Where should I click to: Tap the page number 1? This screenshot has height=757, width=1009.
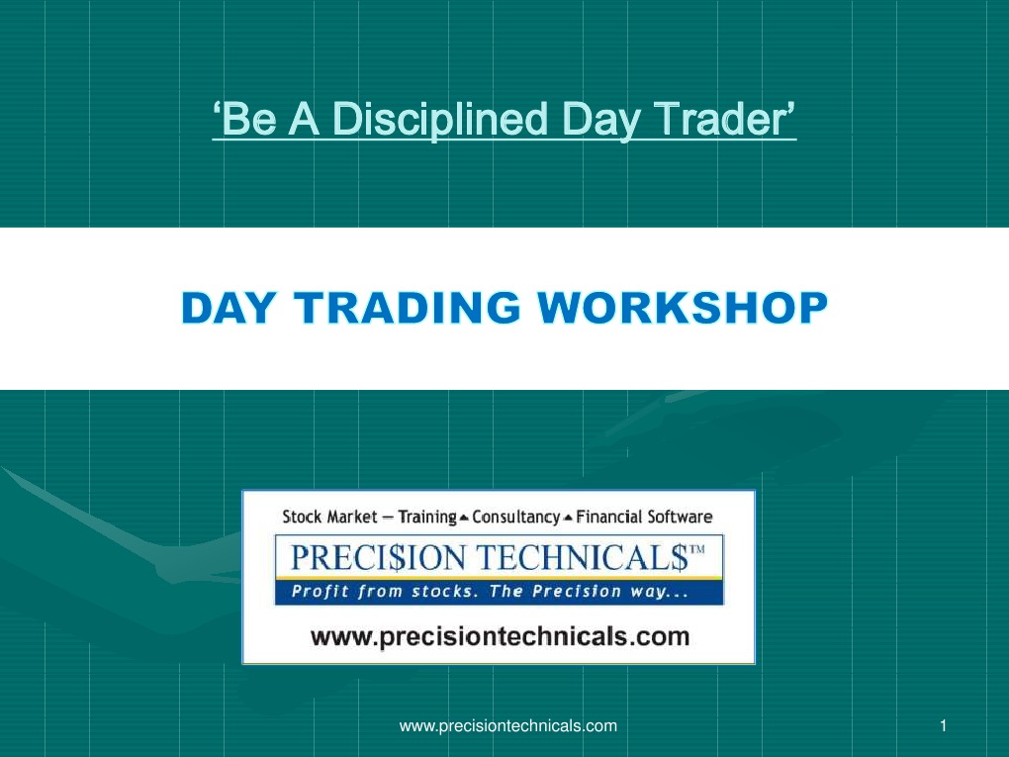(x=944, y=726)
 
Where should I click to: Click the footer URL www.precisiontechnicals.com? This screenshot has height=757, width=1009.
(x=507, y=726)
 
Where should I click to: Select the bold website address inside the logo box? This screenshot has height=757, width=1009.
(x=500, y=636)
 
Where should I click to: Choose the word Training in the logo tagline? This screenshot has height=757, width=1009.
(x=426, y=517)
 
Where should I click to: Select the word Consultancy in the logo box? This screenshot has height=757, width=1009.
(x=515, y=517)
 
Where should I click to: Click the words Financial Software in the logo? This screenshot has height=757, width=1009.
(x=643, y=517)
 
